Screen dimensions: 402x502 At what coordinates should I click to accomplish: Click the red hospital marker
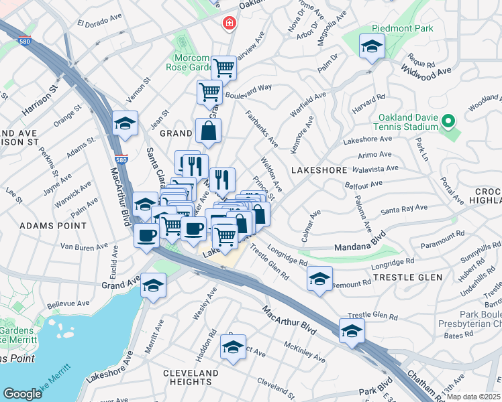coord(230,23)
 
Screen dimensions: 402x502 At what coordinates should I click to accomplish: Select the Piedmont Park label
coord(405,29)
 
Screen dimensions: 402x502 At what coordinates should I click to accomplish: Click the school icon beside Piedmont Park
coord(370,47)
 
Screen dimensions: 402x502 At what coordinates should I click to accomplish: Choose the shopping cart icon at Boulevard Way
coord(209,92)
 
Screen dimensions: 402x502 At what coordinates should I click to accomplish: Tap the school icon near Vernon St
coord(125,123)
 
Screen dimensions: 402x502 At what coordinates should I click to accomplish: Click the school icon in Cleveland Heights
coord(233,347)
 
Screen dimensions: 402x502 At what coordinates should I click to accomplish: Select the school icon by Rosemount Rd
coord(319,277)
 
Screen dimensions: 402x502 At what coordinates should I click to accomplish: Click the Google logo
coord(22,393)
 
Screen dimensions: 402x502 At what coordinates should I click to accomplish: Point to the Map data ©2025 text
coord(474,397)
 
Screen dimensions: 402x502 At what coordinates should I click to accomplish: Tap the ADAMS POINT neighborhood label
coord(50,226)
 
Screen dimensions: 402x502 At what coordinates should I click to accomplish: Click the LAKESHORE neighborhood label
coord(317,171)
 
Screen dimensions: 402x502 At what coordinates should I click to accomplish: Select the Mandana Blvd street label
coord(362,243)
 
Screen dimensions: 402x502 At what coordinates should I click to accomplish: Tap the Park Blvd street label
coord(375,391)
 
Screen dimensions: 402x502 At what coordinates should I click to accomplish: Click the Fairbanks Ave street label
coord(262,128)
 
